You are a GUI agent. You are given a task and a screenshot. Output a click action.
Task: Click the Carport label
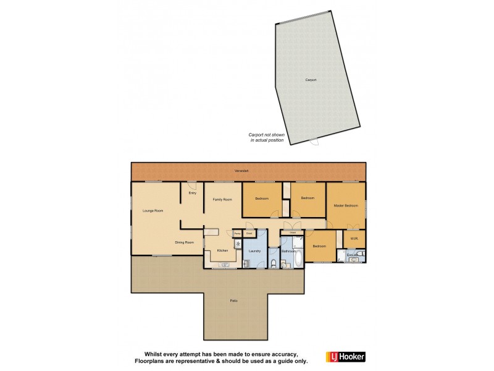[311, 80]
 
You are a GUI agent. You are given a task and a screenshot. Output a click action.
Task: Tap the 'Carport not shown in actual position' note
[267, 137]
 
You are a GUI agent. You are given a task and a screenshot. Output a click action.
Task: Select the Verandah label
[241, 170]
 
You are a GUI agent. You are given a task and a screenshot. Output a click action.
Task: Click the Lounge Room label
[153, 211]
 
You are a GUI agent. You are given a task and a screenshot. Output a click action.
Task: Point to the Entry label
[192, 194]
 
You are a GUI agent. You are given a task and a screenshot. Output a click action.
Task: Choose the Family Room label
[222, 199]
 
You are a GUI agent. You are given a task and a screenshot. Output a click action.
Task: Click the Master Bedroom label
[346, 205]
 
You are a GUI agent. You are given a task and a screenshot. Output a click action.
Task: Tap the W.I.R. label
[354, 239]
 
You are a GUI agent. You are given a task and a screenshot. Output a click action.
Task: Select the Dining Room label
[184, 242]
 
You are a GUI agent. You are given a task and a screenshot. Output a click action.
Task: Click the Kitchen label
[222, 250]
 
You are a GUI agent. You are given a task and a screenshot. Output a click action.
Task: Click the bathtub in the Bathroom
[299, 258]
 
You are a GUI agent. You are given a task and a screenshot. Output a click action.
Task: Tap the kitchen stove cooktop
[238, 244]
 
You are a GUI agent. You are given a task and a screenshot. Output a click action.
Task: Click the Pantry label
[237, 233]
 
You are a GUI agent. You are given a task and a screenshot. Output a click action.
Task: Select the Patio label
[234, 301]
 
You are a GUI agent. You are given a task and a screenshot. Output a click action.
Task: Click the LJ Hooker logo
[346, 356]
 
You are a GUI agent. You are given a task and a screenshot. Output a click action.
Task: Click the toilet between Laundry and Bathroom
[274, 264]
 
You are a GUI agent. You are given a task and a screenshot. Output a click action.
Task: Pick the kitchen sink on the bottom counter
[224, 266]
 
